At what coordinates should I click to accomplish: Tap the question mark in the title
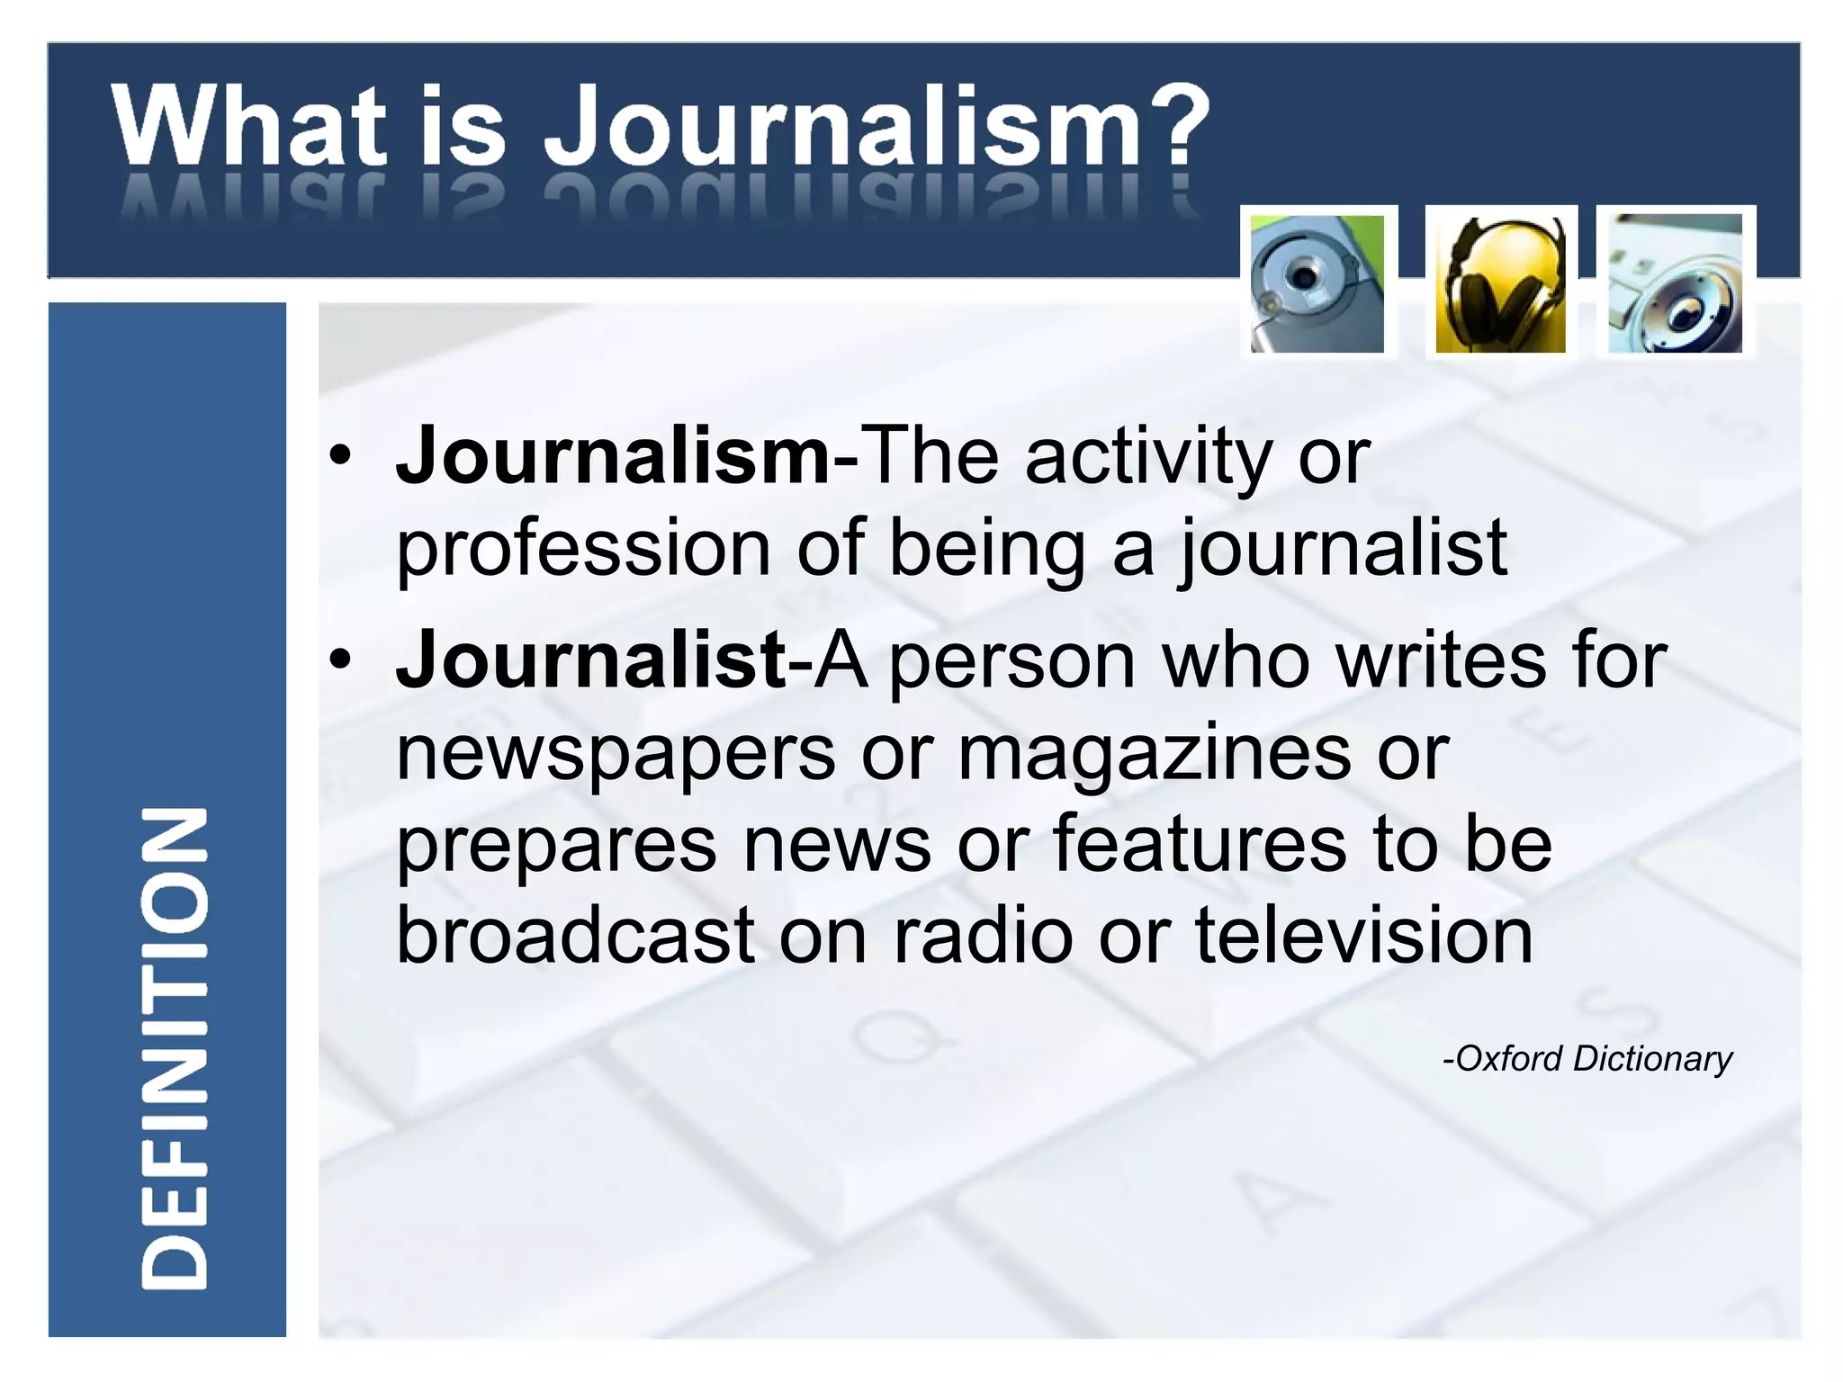[1175, 124]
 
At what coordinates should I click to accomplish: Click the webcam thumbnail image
[1317, 283]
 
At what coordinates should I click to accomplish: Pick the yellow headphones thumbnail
[1500, 283]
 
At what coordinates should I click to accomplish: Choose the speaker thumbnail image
[1675, 283]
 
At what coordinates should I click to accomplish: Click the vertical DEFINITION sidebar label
[175, 1048]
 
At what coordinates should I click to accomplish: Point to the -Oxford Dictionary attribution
[1587, 1059]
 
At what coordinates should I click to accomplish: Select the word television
[1363, 936]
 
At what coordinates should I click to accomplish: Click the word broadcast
[575, 936]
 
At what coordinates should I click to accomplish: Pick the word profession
[583, 551]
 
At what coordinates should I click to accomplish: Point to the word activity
[1147, 458]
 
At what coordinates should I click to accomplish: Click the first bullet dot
[339, 455]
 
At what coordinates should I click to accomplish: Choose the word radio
[983, 936]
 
